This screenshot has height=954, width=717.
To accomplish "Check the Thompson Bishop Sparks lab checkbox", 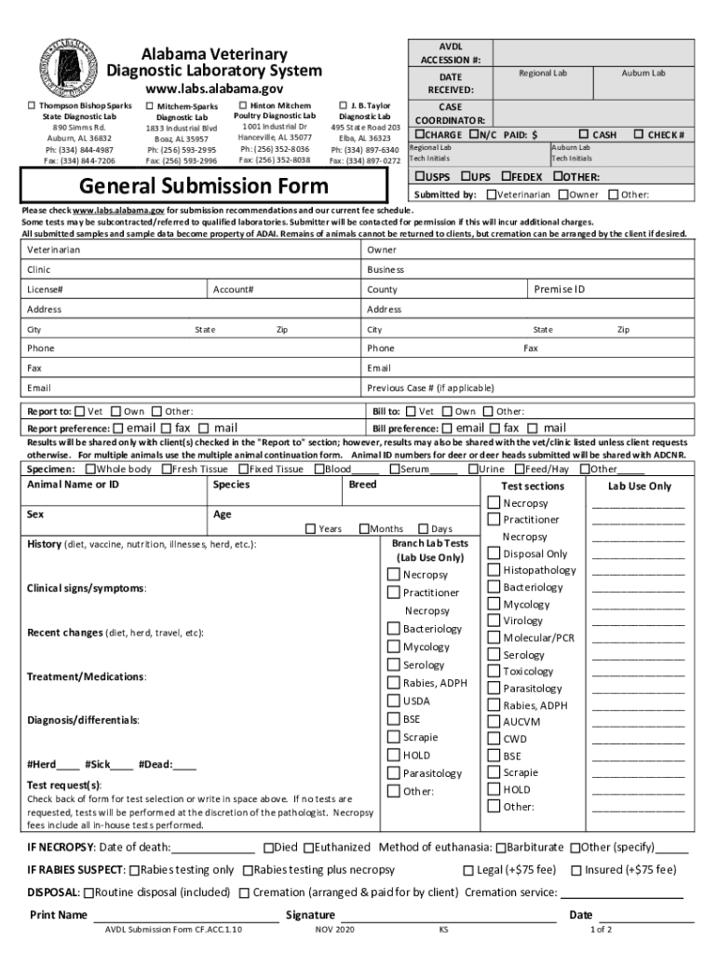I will (x=32, y=106).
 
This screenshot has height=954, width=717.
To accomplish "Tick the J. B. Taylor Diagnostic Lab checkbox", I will (x=343, y=106).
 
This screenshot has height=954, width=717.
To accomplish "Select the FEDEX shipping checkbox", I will (x=506, y=176).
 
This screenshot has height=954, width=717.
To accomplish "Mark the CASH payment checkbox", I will (x=585, y=134).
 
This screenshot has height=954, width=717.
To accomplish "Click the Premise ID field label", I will (x=559, y=289).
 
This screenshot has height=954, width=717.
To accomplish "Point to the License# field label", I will (x=45, y=290).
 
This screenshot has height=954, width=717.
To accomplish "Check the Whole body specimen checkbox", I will (x=89, y=470).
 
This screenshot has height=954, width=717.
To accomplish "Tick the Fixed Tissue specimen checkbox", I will (x=242, y=470).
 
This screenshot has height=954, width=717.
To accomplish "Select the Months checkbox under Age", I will (x=364, y=528).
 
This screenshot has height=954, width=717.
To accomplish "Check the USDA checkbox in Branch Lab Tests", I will (x=394, y=701).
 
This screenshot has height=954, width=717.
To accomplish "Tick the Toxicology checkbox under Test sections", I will (x=494, y=671).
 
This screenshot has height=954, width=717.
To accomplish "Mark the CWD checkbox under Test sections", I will (x=494, y=739).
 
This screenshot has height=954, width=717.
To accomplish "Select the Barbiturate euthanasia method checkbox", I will (x=501, y=848).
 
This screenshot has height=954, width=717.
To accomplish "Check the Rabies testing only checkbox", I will (x=134, y=870).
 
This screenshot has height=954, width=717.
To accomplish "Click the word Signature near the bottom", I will (x=310, y=915).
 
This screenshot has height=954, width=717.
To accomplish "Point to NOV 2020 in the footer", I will (x=334, y=930).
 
